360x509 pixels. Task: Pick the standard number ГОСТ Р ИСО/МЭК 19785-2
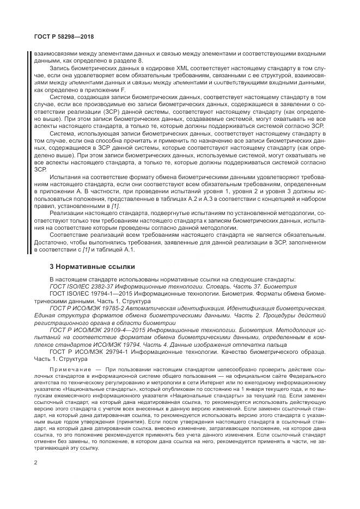[89, 308]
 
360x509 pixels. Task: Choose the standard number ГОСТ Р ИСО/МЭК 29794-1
[90, 352]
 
